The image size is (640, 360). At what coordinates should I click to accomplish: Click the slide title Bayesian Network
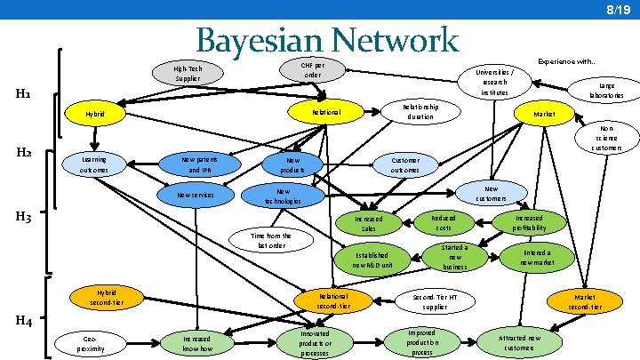pos(326,41)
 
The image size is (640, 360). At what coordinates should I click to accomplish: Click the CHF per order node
pos(312,70)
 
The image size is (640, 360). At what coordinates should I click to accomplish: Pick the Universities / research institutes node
pos(492,83)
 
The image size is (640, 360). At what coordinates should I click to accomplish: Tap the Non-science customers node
pos(612,138)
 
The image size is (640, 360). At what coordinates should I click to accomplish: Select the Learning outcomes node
pos(92,164)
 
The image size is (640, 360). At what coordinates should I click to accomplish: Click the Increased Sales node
pos(369,223)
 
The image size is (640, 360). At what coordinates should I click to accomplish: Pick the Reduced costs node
pos(443,222)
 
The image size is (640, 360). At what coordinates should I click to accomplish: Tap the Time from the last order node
pos(271,241)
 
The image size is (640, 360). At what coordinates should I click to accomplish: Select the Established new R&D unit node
pos(369,260)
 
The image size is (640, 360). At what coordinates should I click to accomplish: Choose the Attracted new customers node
pos(521,343)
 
